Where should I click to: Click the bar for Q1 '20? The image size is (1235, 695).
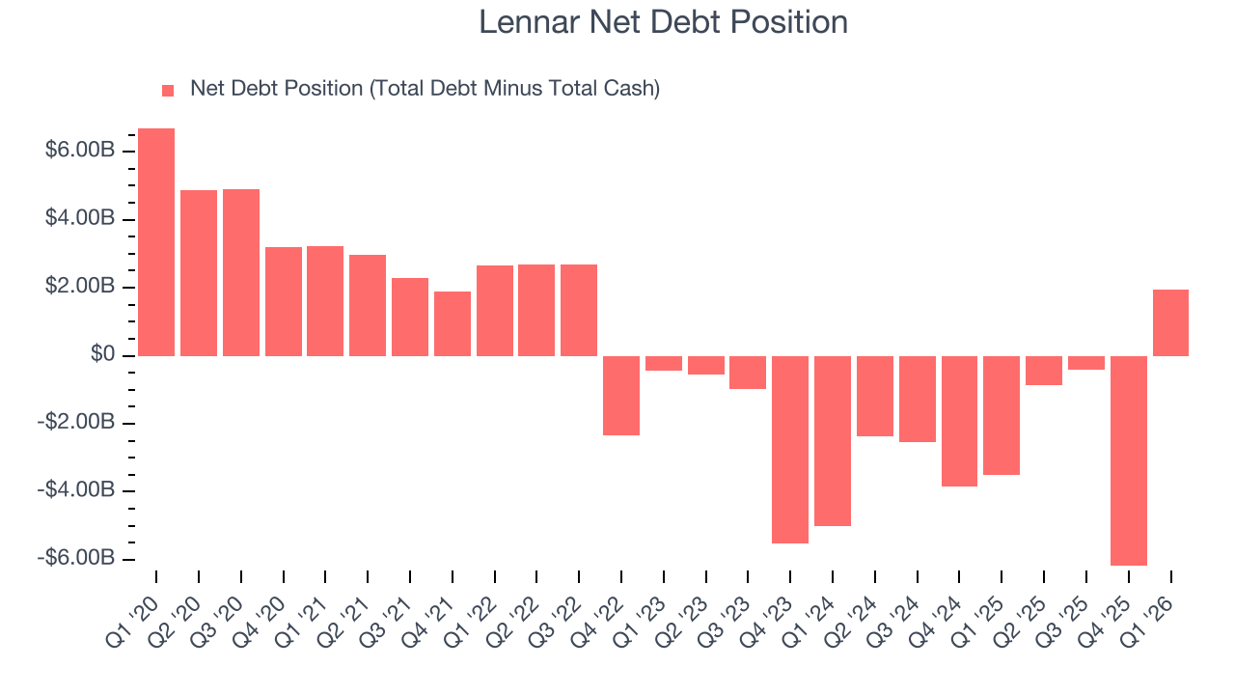(x=156, y=242)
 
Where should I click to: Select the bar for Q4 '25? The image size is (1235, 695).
(x=1129, y=460)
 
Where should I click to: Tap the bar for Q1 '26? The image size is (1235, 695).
(x=1170, y=322)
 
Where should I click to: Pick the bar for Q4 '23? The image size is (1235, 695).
(x=790, y=450)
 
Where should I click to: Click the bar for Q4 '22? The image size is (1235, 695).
(x=621, y=396)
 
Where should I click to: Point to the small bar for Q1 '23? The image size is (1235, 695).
(x=664, y=363)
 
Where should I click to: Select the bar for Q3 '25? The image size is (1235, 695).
(x=1086, y=363)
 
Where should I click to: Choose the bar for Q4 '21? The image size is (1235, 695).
(x=453, y=323)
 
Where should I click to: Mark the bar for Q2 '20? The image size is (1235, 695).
(x=199, y=273)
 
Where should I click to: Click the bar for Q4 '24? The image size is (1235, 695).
(x=959, y=421)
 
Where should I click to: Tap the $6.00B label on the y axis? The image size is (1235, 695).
(x=79, y=152)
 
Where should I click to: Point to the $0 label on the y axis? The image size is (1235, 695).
(x=103, y=355)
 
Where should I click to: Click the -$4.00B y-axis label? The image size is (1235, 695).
(x=76, y=491)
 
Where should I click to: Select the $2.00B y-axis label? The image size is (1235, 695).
(x=79, y=288)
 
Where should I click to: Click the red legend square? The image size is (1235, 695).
(x=168, y=90)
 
